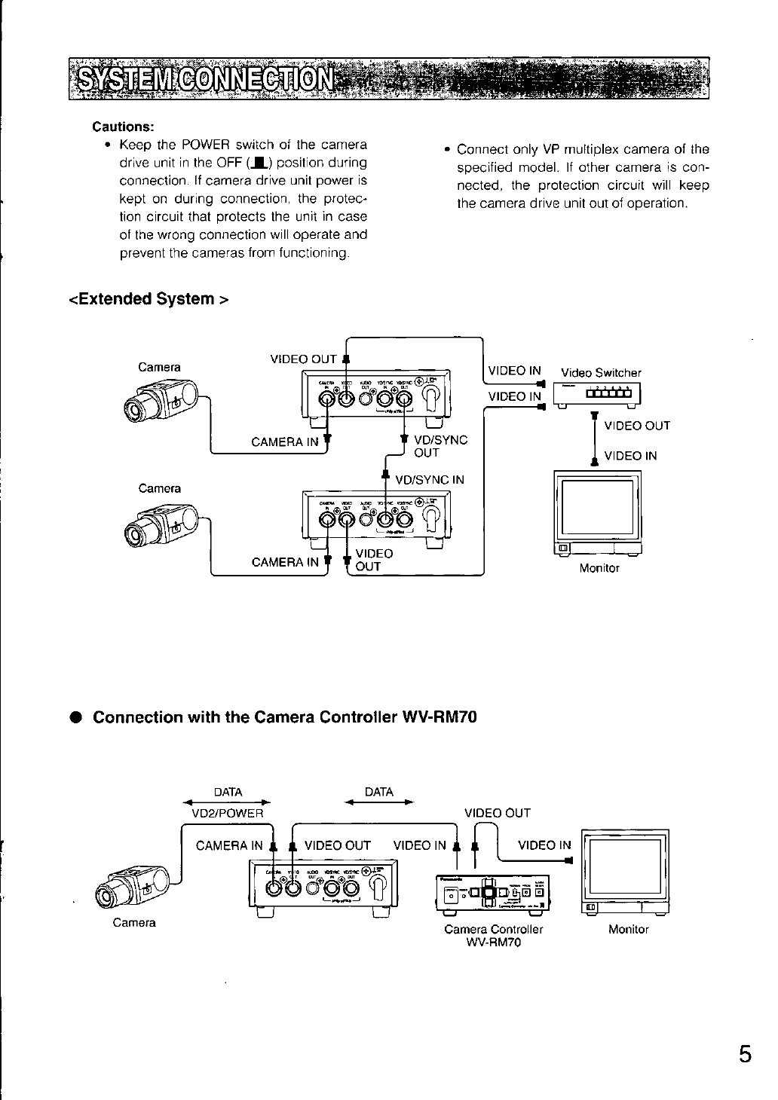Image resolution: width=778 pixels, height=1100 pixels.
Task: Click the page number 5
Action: tap(745, 1053)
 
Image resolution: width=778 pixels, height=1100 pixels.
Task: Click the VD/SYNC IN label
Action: tap(430, 480)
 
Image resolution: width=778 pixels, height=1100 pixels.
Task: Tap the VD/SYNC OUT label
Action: tap(440, 446)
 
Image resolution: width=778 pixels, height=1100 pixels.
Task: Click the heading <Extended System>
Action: tap(149, 299)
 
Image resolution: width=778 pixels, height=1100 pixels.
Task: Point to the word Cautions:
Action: tap(123, 126)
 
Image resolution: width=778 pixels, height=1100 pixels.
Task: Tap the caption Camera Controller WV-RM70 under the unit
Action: tap(494, 936)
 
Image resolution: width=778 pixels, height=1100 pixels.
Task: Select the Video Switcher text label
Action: tap(601, 373)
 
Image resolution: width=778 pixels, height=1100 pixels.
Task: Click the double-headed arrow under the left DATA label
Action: tap(227, 803)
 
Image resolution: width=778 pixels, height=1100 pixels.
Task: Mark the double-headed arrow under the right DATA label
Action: tap(378, 803)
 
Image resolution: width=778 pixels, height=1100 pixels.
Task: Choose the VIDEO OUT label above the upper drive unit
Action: tap(303, 359)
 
